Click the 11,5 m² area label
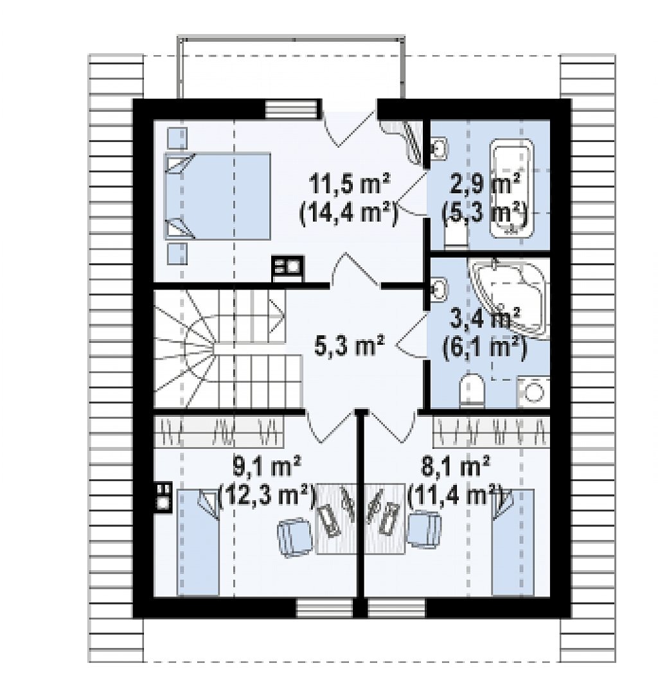click(x=350, y=186)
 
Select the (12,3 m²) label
click(x=266, y=496)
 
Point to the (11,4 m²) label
click(x=456, y=496)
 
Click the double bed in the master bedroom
click(x=217, y=195)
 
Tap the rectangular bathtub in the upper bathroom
click(x=511, y=189)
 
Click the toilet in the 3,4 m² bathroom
click(x=472, y=389)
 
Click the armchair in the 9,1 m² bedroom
click(x=294, y=537)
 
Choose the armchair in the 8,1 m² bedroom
click(x=423, y=529)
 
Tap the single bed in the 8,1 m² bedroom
click(x=513, y=542)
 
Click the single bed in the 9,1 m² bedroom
click(x=197, y=542)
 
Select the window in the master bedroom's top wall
click(x=292, y=109)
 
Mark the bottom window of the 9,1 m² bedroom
click(x=325, y=608)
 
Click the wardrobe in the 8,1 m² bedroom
click(x=492, y=432)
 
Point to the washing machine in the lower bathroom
click(x=533, y=392)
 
